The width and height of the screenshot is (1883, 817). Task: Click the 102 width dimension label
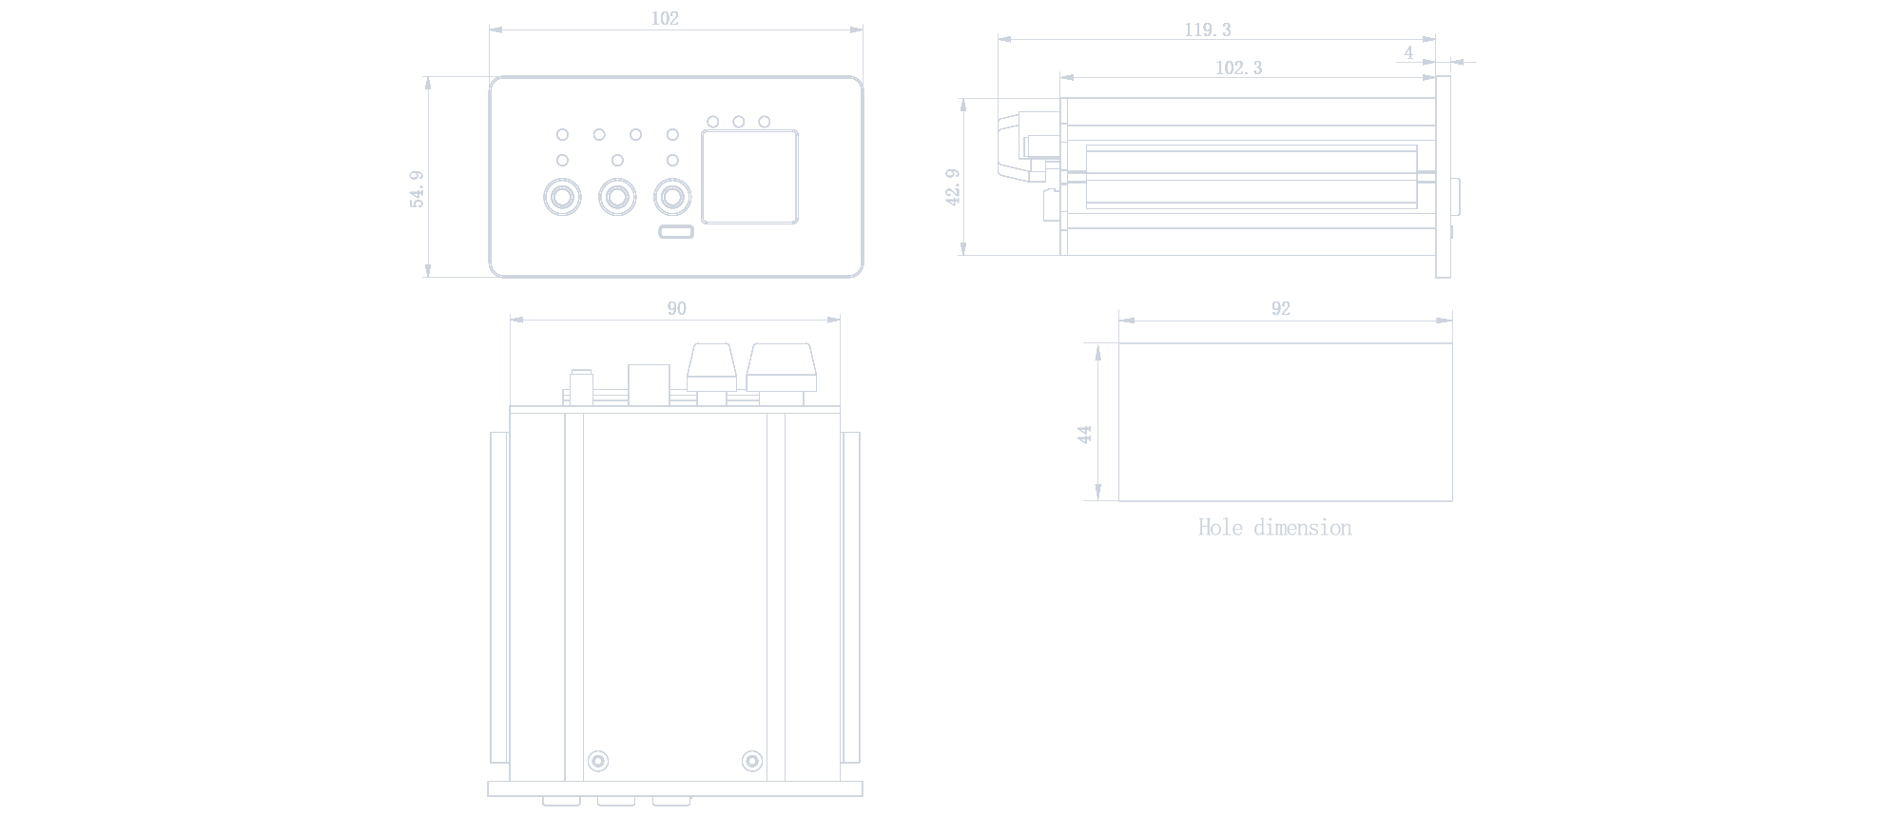click(665, 18)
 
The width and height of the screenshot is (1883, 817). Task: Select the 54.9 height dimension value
click(417, 189)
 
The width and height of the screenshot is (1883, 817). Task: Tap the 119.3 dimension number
click(1207, 30)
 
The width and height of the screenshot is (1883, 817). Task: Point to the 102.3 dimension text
click(1238, 68)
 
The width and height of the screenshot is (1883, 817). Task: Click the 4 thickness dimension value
click(1408, 53)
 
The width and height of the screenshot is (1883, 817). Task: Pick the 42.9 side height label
click(953, 187)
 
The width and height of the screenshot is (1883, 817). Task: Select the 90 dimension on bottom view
click(676, 308)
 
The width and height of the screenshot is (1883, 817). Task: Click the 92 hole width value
click(1280, 308)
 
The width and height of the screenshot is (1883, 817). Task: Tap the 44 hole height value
click(1084, 435)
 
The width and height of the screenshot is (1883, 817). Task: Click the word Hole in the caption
click(1220, 528)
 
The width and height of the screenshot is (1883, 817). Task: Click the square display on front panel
click(749, 178)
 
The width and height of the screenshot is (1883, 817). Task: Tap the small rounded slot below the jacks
click(676, 232)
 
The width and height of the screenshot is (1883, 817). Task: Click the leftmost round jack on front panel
click(561, 198)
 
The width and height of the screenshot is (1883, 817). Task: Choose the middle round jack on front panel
click(617, 198)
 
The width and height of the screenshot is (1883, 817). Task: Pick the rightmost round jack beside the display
click(672, 198)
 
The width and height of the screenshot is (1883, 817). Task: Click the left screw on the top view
click(598, 761)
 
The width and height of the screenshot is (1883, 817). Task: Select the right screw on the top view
click(751, 761)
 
